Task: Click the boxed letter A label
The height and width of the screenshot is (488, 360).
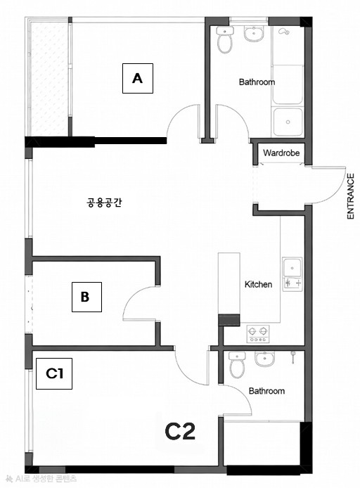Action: pos(138,79)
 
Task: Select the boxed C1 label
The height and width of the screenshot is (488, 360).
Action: pos(55,373)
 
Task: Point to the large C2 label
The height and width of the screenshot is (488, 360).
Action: pos(180,430)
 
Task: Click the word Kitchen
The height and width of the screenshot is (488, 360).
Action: pos(258,285)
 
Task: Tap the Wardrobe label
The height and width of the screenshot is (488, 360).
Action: pos(281,153)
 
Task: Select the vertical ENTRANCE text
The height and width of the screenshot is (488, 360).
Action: pos(350,197)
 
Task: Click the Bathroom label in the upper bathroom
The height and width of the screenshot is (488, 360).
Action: pos(257,82)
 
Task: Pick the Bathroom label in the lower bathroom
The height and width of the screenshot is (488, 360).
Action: pos(266,391)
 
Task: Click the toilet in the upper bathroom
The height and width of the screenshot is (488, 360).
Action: pos(225,42)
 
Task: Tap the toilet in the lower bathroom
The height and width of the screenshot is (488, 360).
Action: pos(237,366)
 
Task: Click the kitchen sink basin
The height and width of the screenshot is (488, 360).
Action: pos(292,267)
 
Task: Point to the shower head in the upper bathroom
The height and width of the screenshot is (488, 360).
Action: pos(284,32)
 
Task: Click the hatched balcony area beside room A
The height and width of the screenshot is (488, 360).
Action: pos(48,77)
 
